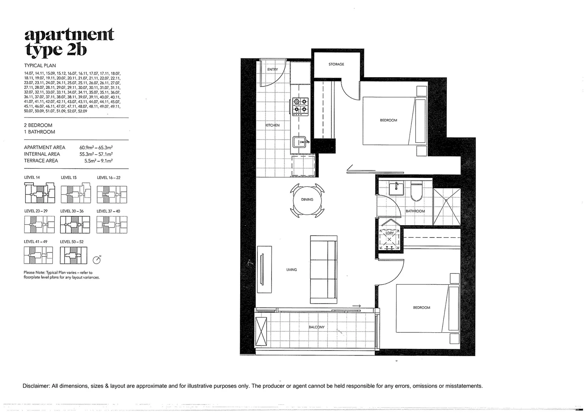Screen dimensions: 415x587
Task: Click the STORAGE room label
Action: click(336, 64)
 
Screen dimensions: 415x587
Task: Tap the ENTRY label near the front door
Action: click(272, 70)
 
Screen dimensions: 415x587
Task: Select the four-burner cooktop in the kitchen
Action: click(300, 106)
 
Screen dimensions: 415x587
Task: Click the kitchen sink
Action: click(301, 142)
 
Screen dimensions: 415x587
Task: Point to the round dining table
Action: click(307, 200)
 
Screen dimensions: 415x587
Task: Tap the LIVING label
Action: click(292, 270)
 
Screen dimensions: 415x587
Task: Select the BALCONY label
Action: click(317, 327)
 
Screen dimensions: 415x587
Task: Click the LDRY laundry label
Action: click(390, 233)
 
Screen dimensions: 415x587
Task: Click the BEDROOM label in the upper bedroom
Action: click(388, 120)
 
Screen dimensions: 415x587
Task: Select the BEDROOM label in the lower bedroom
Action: click(421, 308)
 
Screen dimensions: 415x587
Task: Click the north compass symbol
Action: click(97, 260)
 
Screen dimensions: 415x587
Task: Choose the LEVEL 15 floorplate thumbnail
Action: click(76, 194)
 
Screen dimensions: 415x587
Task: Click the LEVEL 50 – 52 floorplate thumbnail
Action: click(73, 255)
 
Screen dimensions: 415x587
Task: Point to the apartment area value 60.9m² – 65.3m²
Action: click(96, 148)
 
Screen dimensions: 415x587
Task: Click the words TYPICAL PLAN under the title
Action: click(40, 66)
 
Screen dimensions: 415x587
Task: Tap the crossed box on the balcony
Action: click(261, 332)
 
